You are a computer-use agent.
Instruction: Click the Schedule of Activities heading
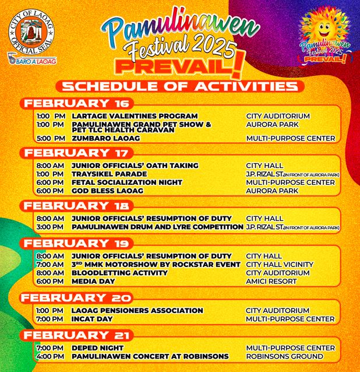tap(180, 87)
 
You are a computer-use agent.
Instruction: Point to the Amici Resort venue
tap(271, 281)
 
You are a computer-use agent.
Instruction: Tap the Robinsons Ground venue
tap(284, 356)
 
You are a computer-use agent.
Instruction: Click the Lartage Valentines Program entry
tap(135, 116)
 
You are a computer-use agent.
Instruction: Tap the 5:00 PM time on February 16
tap(50, 139)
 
